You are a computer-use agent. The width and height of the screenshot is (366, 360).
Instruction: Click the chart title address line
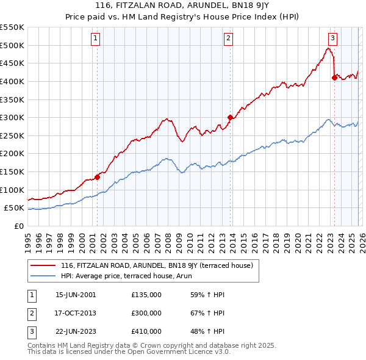[182, 7]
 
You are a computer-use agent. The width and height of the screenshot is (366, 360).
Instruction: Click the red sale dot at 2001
[97, 178]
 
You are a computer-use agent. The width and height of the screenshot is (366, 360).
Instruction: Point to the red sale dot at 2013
[230, 118]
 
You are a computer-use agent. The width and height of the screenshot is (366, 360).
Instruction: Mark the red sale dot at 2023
[334, 77]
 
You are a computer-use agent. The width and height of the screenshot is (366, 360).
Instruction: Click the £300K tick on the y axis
[12, 117]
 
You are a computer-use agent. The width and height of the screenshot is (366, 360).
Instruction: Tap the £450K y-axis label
[12, 63]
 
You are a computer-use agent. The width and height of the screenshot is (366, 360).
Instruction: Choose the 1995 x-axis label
[27, 240]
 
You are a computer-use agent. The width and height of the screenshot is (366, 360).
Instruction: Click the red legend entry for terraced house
[160, 265]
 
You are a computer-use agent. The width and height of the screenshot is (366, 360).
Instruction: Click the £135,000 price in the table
[146, 295]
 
